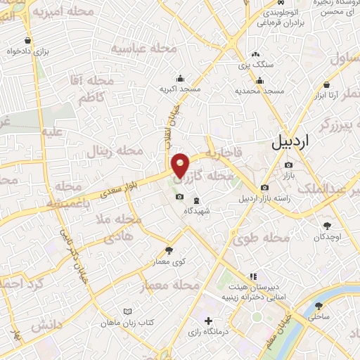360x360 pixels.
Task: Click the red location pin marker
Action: point(181,165)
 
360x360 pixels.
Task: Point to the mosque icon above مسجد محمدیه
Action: point(258,80)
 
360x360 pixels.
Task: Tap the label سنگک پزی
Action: point(255,65)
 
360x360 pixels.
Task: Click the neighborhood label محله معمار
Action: point(170,285)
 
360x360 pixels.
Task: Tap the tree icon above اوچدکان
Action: point(327,225)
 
